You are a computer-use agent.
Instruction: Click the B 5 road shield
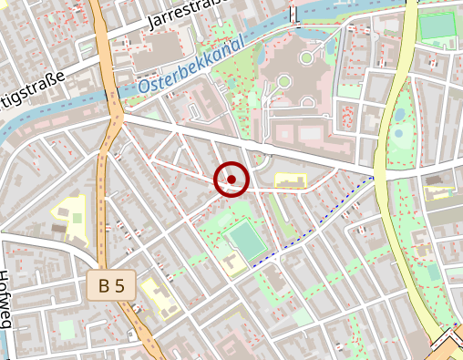pyautogui.click(x=112, y=285)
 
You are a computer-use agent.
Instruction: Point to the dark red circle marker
pyautogui.click(x=231, y=179)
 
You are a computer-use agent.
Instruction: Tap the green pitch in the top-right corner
pyautogui.click(x=437, y=27)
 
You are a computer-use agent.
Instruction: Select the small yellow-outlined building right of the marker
pyautogui.click(x=291, y=180)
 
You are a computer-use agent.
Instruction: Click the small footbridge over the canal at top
pyautogui.click(x=293, y=15)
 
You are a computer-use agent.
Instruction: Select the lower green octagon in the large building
pyautogui.click(x=283, y=82)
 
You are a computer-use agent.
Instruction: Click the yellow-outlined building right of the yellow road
pyautogui.click(x=440, y=191)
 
